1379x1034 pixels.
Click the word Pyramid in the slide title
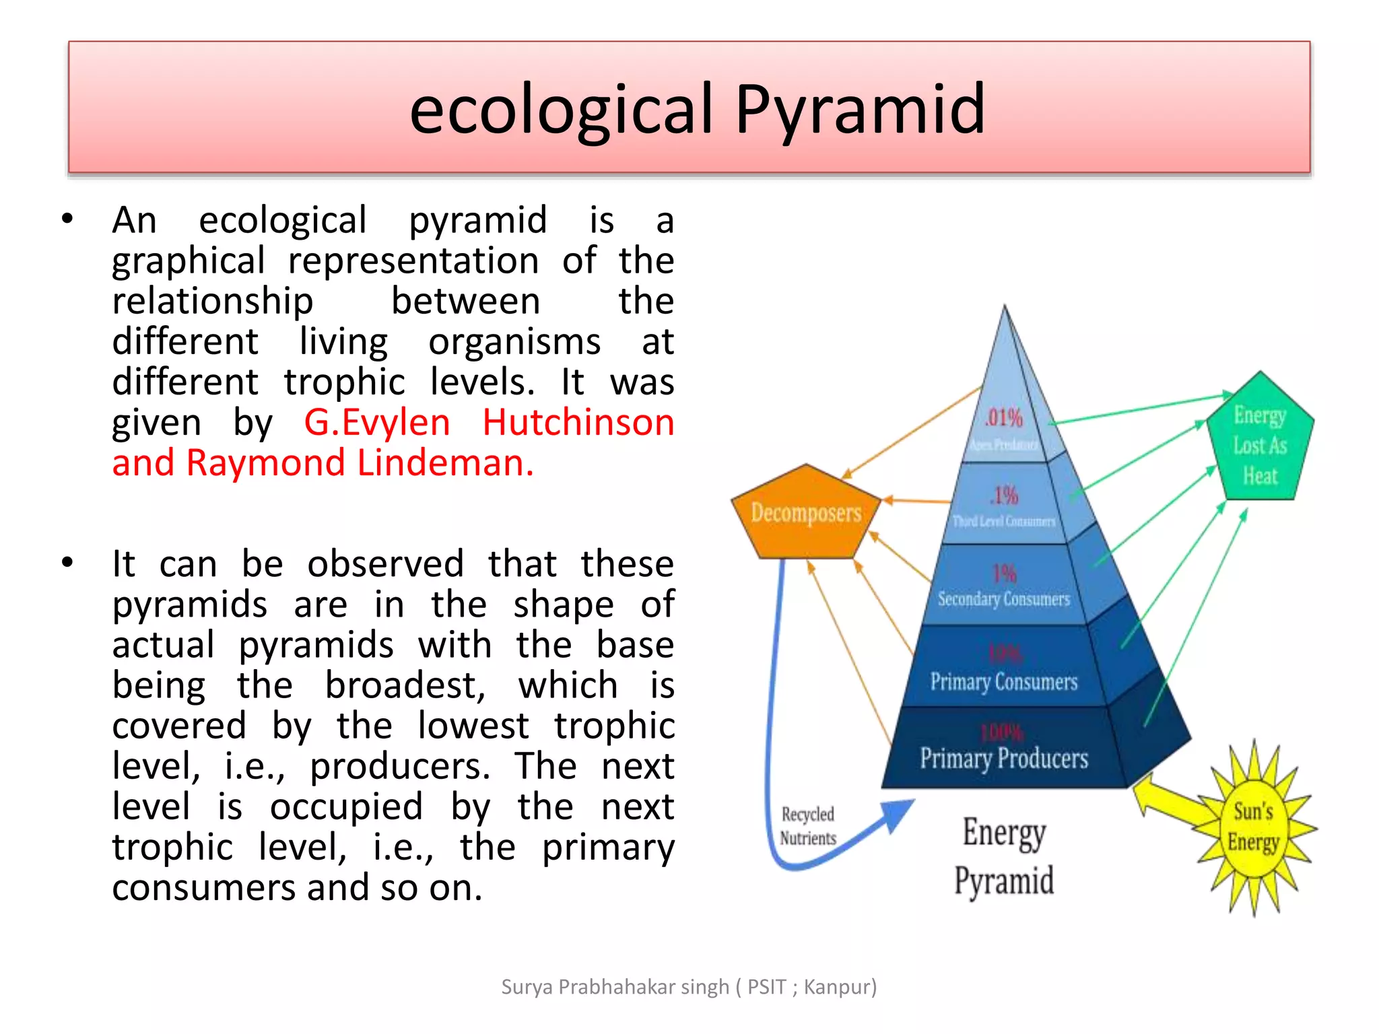coord(860,109)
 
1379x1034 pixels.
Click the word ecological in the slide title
coord(561,109)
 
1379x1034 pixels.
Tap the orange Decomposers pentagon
coord(805,513)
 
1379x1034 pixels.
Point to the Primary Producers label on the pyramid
coord(1003,759)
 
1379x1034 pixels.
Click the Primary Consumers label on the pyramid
coord(1003,682)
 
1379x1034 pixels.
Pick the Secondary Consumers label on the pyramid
coord(1003,598)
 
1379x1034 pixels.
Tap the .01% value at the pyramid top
coord(1004,418)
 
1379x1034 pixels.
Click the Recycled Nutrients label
coord(807,826)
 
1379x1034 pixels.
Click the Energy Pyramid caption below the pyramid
coord(1004,856)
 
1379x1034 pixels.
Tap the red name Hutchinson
coord(578,423)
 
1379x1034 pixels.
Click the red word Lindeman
coord(444,463)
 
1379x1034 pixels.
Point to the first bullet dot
coord(67,219)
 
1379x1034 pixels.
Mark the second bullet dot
coord(67,562)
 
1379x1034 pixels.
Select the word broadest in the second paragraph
coord(405,685)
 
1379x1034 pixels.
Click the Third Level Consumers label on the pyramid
coord(1003,521)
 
